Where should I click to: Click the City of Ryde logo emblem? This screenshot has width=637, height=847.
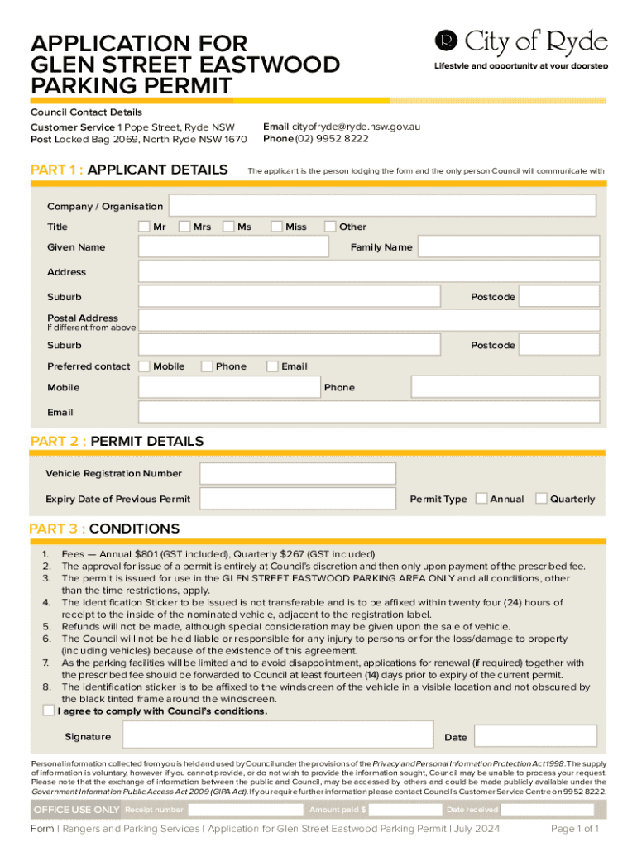coord(446,41)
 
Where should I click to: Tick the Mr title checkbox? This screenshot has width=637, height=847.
coord(144,227)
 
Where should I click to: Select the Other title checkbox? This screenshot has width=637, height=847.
coord(330,227)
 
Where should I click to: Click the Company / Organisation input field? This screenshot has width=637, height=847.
coord(381,206)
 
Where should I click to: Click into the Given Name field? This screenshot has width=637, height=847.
coord(234,247)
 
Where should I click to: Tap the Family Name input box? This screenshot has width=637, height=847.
coord(508,246)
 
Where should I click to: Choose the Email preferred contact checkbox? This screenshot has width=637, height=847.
coord(272,366)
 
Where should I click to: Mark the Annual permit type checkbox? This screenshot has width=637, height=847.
coord(481,499)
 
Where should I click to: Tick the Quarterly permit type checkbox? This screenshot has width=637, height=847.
coord(541,499)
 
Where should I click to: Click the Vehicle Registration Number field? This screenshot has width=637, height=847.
coord(298,474)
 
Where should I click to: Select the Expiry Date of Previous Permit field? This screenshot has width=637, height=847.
coord(298,499)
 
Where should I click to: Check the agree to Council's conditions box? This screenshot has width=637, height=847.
coord(49,711)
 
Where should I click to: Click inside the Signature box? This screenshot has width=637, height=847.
coord(277,736)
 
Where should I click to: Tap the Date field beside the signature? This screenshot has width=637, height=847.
coord(535,736)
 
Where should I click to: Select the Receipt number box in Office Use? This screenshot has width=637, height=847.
coord(244,810)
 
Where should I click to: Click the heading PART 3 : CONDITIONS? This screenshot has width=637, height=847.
coord(104,529)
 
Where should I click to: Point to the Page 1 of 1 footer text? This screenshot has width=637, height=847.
coord(575,829)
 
